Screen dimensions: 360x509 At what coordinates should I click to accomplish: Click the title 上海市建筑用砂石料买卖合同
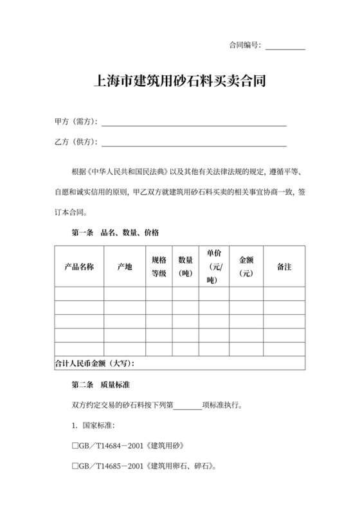180,82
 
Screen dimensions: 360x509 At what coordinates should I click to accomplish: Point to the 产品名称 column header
79,267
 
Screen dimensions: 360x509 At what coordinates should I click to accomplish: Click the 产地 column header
125,267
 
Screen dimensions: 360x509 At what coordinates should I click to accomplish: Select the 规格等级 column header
159,267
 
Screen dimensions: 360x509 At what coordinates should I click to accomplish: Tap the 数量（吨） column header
186,267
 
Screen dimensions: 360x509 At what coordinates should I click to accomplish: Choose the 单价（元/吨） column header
214,267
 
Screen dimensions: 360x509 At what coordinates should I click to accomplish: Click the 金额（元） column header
246,267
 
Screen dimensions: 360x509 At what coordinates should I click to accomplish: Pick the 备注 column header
283,267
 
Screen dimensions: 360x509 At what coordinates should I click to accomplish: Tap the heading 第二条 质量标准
101,384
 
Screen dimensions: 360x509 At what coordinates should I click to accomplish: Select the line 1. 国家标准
93,425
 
